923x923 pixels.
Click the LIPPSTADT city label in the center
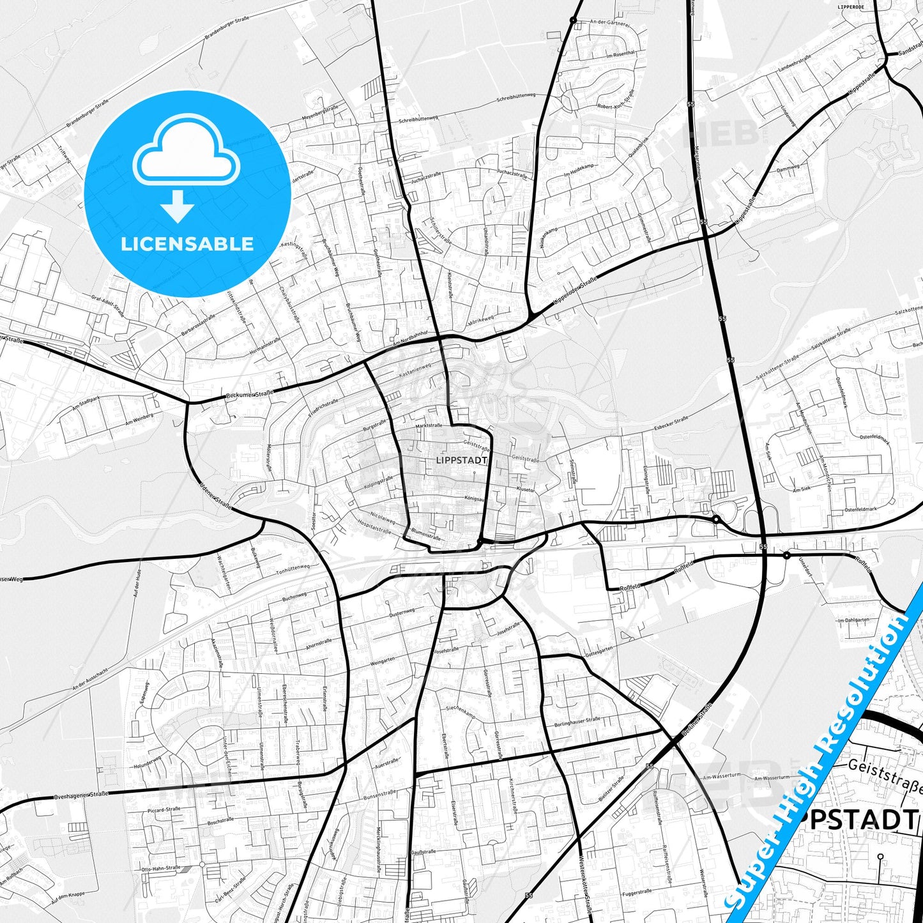(461, 460)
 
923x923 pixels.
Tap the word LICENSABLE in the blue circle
(187, 244)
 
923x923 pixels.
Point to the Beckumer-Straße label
(249, 395)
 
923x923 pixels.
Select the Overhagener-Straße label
(81, 795)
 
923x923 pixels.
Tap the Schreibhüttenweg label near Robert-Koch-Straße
(515, 97)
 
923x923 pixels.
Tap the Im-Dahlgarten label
(853, 620)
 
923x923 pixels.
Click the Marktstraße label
(429, 425)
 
